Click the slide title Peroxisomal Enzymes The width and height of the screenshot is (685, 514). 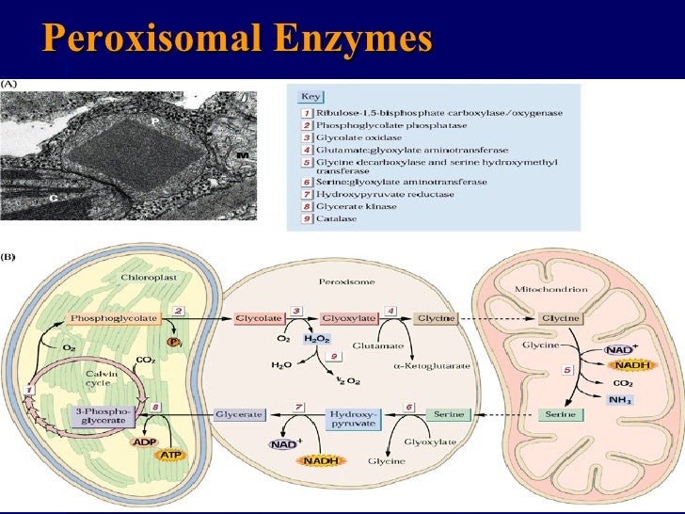click(238, 40)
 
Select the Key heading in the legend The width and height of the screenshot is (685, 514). click(310, 96)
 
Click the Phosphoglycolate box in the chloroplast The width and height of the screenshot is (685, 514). click(119, 319)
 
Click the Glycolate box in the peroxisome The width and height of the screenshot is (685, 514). click(257, 319)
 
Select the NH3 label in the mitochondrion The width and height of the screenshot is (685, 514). click(619, 400)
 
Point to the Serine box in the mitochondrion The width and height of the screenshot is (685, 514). click(561, 414)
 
